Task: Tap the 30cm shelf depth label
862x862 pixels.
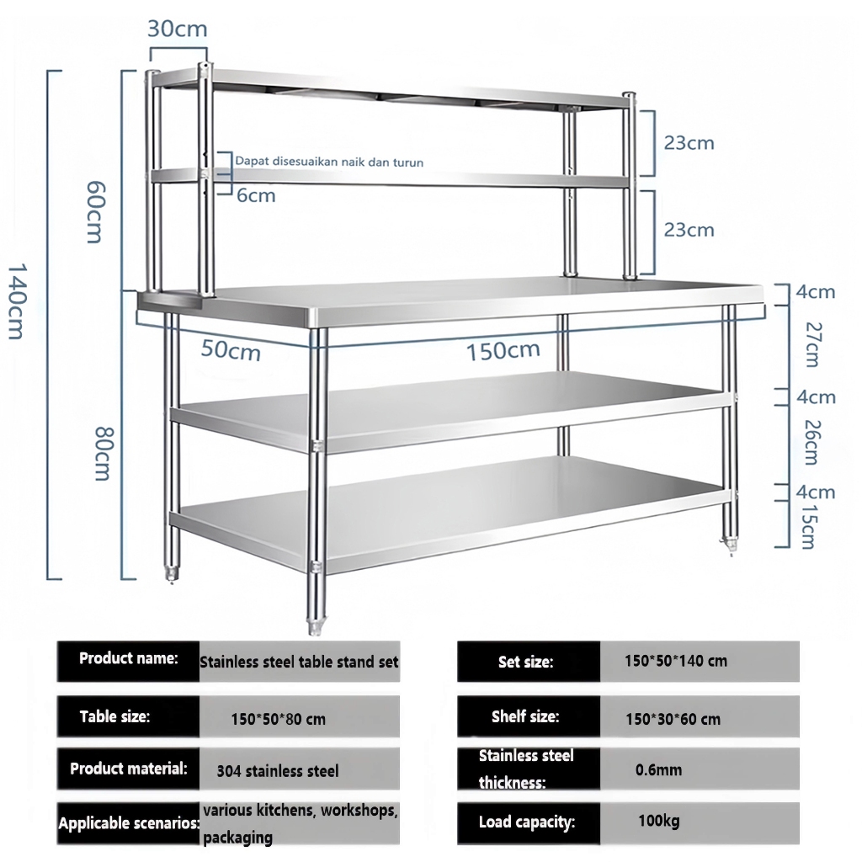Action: coord(177,29)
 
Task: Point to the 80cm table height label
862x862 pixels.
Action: coord(104,454)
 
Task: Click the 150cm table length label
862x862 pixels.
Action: coord(503,349)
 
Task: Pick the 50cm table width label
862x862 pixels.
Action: coord(231,350)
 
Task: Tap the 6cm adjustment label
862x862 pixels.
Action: coord(256,195)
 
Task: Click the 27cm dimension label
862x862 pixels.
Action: coord(811,343)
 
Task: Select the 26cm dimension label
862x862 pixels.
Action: coord(811,441)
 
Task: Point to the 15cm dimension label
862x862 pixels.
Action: coord(806,527)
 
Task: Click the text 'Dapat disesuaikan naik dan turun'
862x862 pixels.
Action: coord(329,162)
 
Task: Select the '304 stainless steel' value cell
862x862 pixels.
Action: coord(278,770)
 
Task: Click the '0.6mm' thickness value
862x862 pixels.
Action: coord(658,769)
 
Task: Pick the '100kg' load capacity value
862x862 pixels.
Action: coord(658,820)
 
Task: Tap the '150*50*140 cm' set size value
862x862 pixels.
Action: coord(676,661)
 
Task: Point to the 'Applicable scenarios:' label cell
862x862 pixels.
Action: coord(128,823)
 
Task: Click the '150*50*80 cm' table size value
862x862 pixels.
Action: coord(278,719)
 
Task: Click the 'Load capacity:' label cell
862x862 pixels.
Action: coord(527,822)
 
